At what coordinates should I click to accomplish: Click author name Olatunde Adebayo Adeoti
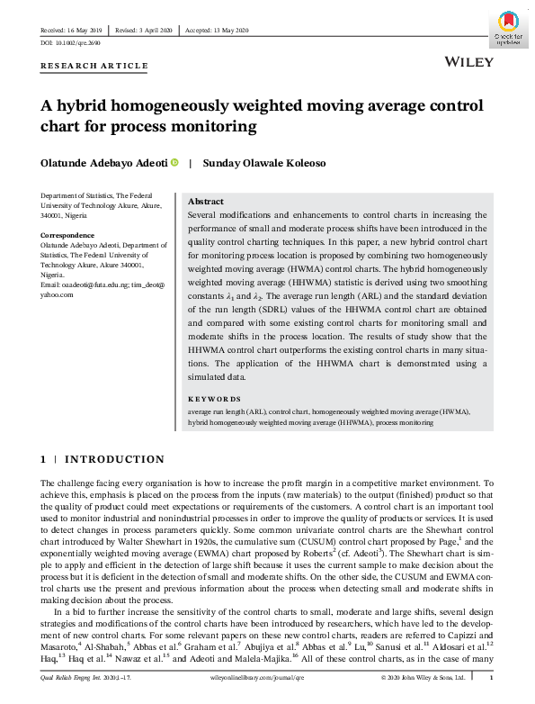click(103, 163)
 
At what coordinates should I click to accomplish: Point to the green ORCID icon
click(174, 163)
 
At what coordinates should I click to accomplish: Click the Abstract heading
click(206, 202)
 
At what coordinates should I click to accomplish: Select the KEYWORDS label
click(214, 399)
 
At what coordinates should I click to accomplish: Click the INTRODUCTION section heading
click(113, 459)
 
